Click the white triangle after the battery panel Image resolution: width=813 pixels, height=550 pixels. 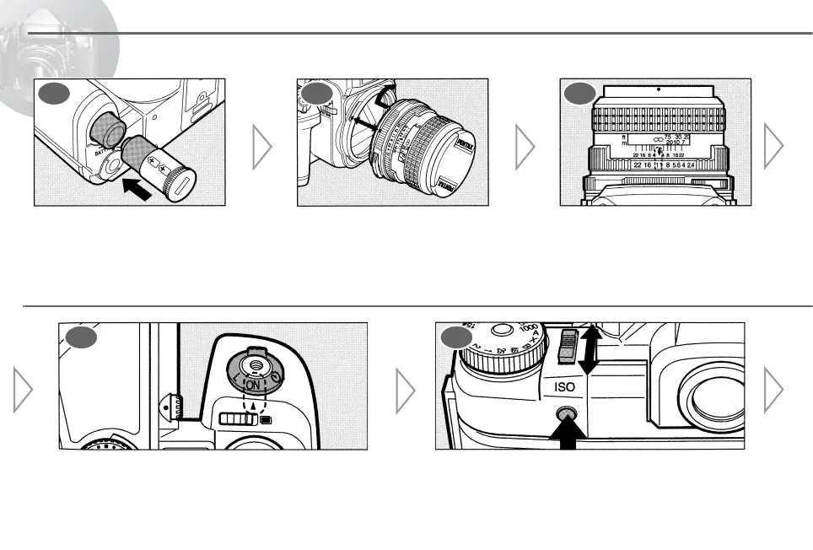pyautogui.click(x=262, y=147)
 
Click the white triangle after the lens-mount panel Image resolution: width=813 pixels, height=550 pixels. pyautogui.click(x=525, y=147)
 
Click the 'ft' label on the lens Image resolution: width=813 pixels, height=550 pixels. pyautogui.click(x=624, y=137)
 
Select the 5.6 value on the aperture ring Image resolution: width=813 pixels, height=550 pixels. pyautogui.click(x=680, y=165)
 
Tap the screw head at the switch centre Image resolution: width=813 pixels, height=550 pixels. pyautogui.click(x=253, y=364)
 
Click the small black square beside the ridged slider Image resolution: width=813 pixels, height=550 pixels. pyautogui.click(x=266, y=418)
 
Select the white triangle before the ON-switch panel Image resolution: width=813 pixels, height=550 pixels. pyautogui.click(x=23, y=393)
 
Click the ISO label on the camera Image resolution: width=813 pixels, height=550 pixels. pyautogui.click(x=564, y=388)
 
